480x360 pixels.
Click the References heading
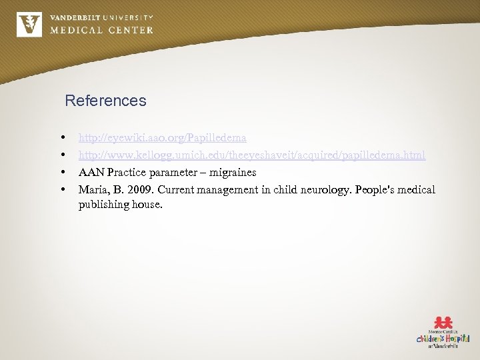tap(105, 101)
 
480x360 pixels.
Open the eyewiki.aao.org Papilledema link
tap(162, 138)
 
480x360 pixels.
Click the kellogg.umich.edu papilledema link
tap(251, 155)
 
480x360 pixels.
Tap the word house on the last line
tap(147, 205)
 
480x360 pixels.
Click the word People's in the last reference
tap(374, 190)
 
